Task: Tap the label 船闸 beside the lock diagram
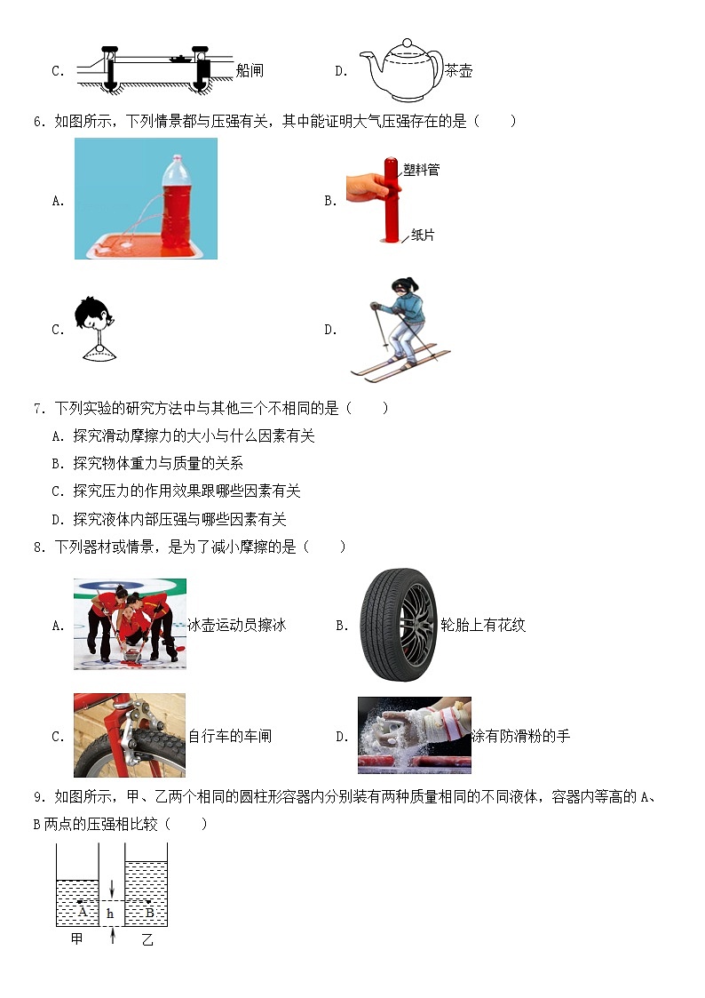pyautogui.click(x=250, y=70)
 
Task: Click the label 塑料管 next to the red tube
pyautogui.click(x=421, y=169)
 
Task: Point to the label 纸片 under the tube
pyautogui.click(x=423, y=236)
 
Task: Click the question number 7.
pyautogui.click(x=38, y=409)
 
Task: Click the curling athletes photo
pyautogui.click(x=130, y=624)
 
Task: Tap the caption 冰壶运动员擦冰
pyautogui.click(x=237, y=625)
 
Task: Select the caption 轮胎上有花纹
pyautogui.click(x=483, y=625)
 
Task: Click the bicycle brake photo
pyautogui.click(x=130, y=735)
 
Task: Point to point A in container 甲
pyautogui.click(x=80, y=903)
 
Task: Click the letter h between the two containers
pyautogui.click(x=110, y=913)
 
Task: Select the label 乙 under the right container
pyautogui.click(x=147, y=938)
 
